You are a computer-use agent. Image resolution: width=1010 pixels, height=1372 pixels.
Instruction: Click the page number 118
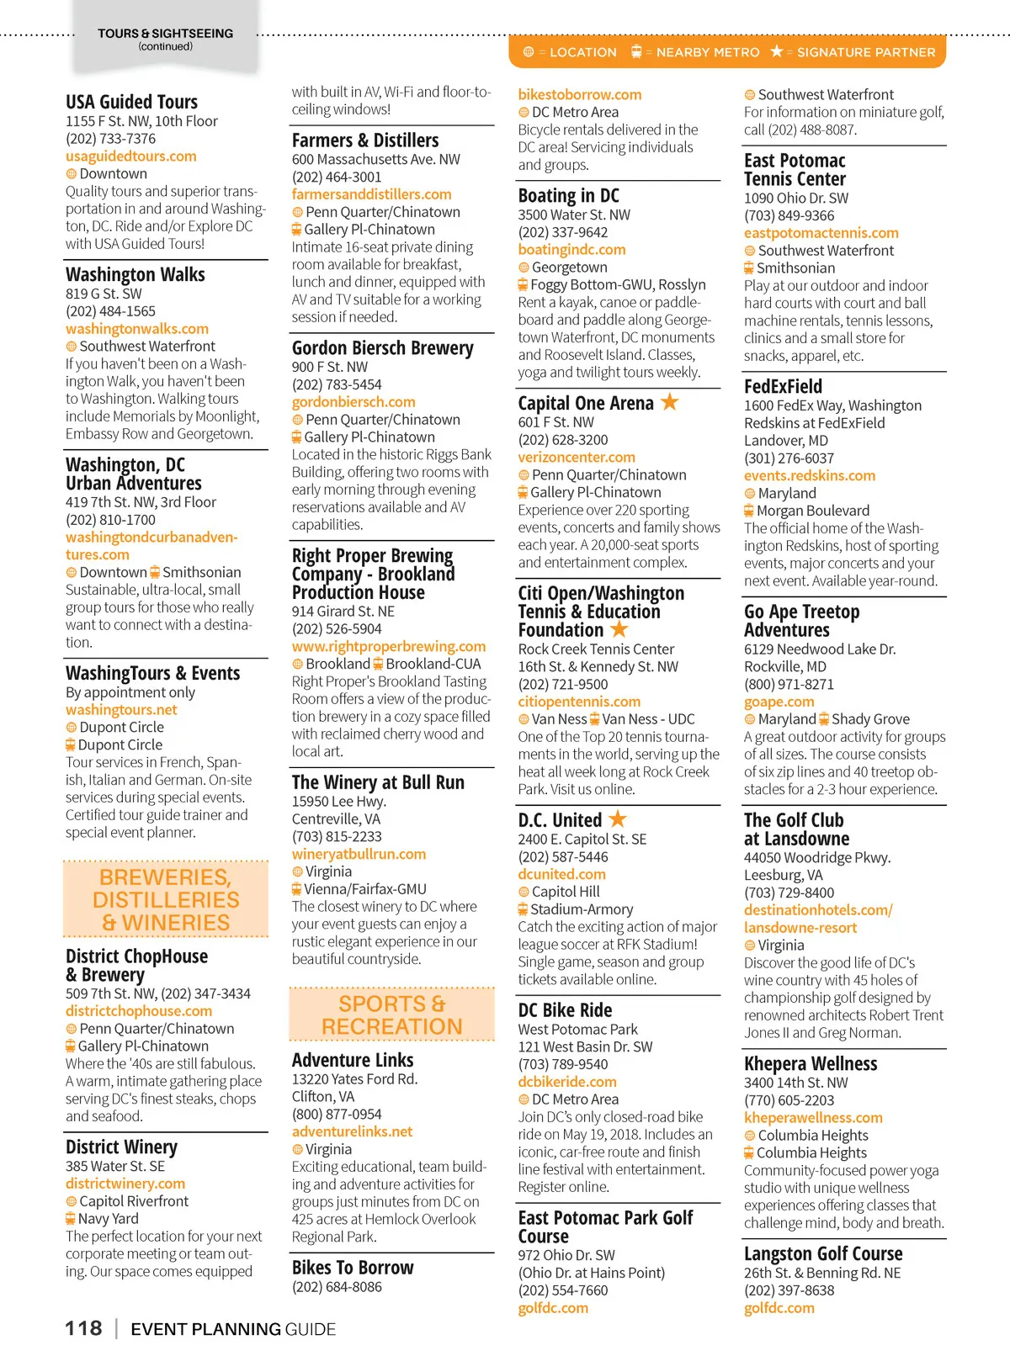(x=83, y=1328)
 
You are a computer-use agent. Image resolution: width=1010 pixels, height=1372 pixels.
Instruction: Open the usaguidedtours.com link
(x=130, y=156)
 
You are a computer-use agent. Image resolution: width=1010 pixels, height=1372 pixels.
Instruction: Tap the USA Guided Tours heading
(x=131, y=103)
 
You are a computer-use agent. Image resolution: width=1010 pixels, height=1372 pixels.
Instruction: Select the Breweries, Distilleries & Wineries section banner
(x=166, y=900)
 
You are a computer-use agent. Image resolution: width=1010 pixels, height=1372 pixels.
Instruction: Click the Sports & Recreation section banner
(x=392, y=1015)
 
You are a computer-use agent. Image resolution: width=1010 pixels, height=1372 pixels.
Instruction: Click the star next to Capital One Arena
(x=670, y=402)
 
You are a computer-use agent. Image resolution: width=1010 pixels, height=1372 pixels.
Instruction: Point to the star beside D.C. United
(x=618, y=818)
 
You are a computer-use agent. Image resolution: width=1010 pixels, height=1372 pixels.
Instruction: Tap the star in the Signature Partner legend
(x=777, y=52)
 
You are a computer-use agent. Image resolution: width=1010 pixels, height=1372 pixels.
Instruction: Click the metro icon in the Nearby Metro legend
(x=636, y=52)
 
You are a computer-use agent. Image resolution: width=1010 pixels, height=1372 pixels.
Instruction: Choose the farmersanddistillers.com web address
(x=371, y=194)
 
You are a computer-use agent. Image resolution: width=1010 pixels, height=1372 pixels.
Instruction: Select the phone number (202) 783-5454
(x=337, y=384)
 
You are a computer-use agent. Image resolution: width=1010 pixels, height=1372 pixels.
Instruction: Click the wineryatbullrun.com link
(x=359, y=854)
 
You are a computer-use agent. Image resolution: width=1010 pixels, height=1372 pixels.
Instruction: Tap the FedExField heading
(x=783, y=387)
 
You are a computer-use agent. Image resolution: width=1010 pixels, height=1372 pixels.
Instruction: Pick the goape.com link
(x=779, y=702)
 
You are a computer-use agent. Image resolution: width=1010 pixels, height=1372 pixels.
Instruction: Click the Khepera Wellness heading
(x=810, y=1064)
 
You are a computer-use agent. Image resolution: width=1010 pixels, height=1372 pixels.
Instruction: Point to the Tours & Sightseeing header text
(x=165, y=34)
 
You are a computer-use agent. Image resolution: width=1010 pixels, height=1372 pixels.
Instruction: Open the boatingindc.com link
(x=571, y=250)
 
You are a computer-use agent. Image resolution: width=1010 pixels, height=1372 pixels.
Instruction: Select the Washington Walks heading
(x=136, y=275)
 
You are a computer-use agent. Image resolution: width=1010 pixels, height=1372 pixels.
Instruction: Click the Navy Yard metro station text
(x=108, y=1219)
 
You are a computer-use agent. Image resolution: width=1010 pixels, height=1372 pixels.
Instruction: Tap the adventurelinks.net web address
(x=352, y=1131)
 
